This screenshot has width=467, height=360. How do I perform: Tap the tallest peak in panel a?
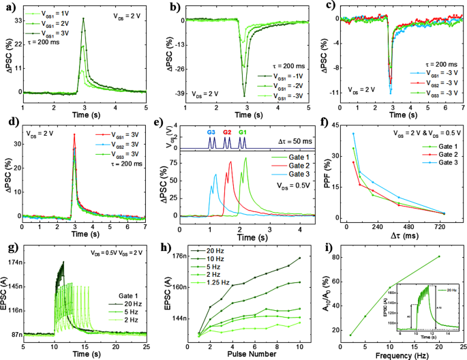83,19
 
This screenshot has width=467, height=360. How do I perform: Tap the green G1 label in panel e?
243,132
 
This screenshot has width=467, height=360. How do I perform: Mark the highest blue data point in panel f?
353,134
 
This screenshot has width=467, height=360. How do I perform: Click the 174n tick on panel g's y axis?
14,262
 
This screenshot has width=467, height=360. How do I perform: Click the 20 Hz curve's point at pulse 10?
299,258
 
